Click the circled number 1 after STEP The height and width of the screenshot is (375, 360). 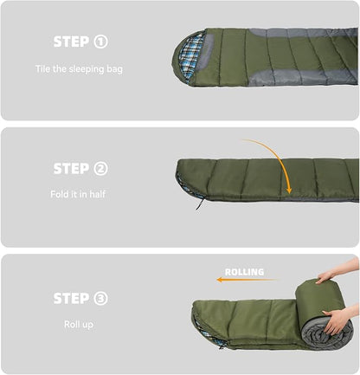(100, 42)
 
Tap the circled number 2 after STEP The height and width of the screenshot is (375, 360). (100, 169)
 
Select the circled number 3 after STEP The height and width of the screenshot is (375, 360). (100, 298)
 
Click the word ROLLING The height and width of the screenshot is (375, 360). (244, 272)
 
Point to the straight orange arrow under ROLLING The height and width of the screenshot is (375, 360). (247, 280)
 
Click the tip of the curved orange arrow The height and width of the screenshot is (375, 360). (289, 193)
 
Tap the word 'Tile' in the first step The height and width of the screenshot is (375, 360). (42, 68)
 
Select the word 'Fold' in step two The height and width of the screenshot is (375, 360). (60, 194)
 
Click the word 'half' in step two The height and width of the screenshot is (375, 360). (97, 194)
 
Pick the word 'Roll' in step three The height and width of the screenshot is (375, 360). (71, 324)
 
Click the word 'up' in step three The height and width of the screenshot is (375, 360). (87, 325)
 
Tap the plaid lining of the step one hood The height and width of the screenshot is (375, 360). (190, 58)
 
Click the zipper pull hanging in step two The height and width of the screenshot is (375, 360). (200, 204)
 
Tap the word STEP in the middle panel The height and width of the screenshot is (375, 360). (71, 169)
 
